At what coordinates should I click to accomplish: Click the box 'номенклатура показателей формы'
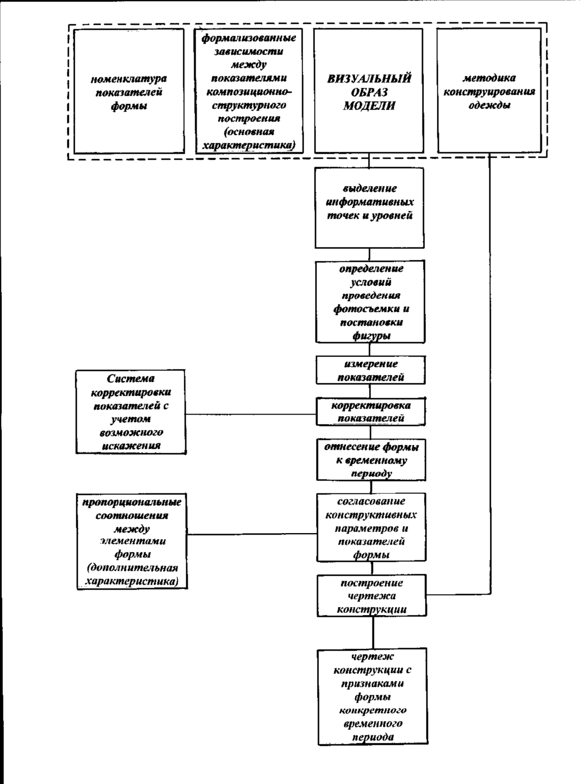point(129,91)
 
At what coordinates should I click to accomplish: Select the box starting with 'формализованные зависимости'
point(249,91)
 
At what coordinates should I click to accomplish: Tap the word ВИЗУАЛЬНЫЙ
point(369,78)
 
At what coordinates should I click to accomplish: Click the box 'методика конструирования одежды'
point(489,91)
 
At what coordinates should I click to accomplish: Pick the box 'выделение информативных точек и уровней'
point(369,208)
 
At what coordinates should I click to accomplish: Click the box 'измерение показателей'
point(370,370)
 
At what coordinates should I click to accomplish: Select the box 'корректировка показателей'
point(370,412)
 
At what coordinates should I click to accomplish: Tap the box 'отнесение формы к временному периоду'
point(371,460)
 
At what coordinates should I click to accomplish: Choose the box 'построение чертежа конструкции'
point(371,596)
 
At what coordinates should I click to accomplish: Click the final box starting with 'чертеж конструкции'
point(373,697)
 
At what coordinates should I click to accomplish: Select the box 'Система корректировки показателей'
point(131,412)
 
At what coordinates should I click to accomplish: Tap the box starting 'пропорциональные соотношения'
point(132,541)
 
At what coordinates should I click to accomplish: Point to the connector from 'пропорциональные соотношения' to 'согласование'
point(252,534)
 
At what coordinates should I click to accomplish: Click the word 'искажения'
point(131,446)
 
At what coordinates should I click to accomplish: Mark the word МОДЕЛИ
point(369,106)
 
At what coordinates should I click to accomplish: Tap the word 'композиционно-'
point(249,92)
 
